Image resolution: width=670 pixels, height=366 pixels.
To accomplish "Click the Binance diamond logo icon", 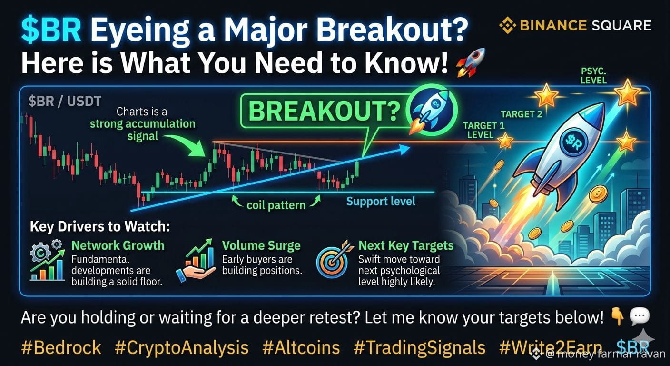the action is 507,25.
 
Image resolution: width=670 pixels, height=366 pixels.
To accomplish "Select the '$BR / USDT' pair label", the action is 65,101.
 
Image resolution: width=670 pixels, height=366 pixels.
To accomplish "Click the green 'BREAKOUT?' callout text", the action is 324,111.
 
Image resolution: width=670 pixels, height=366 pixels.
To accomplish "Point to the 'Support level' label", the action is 381,201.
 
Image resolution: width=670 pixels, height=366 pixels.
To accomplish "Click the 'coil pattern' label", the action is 276,205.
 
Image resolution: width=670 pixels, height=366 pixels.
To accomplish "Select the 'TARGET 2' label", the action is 522,114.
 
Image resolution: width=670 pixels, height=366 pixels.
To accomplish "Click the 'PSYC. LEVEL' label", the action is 593,76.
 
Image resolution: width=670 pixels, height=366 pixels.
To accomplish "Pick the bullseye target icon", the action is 332,259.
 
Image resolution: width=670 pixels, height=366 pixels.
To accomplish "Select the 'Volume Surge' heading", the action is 261,245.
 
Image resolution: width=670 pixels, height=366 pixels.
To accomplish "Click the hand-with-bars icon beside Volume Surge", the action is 197,260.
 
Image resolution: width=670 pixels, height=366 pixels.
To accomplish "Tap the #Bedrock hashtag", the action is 61,347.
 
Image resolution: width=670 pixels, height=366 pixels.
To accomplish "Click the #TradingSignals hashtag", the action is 419,348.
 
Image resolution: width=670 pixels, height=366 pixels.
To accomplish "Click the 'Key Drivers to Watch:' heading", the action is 100,227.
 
